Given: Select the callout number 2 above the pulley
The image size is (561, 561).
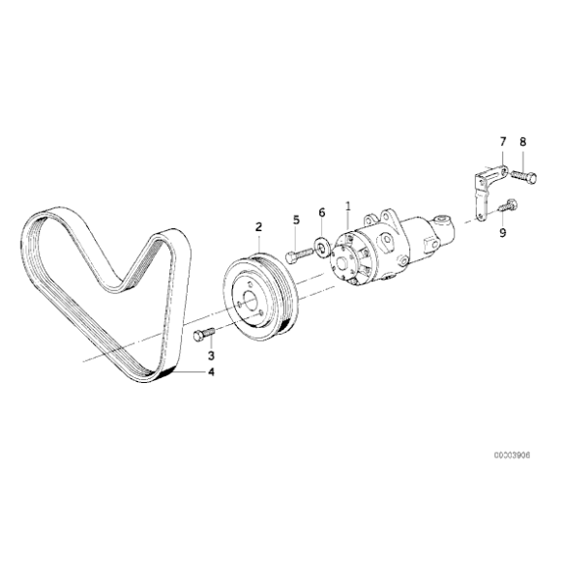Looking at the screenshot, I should (x=258, y=228).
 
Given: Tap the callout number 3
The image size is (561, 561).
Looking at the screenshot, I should (x=211, y=356).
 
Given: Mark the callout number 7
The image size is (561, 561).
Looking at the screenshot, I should (x=502, y=143).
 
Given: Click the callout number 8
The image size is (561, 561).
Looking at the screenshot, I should (x=523, y=143).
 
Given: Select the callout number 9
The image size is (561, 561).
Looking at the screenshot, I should (x=502, y=231).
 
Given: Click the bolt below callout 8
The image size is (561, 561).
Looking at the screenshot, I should (x=524, y=176).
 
